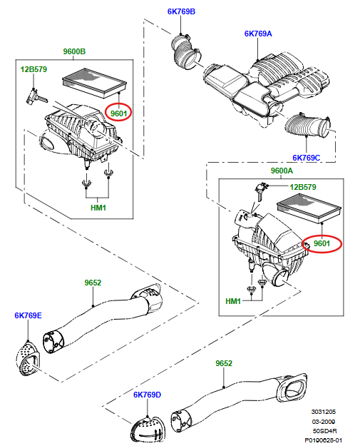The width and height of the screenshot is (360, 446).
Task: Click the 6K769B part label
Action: click(181, 11)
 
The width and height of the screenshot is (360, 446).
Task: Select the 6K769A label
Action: click(258, 34)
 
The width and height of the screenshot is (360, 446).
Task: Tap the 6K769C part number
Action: click(307, 158)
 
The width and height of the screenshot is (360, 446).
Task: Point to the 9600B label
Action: click(74, 51)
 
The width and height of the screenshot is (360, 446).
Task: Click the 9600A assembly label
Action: click(282, 171)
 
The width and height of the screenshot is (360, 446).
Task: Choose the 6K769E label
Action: click(28, 315)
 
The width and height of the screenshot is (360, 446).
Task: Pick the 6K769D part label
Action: click(147, 395)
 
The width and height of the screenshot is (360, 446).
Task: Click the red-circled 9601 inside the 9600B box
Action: click(118, 113)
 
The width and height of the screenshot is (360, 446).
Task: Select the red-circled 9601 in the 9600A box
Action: click(322, 243)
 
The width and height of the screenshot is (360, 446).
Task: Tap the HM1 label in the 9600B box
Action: click(98, 208)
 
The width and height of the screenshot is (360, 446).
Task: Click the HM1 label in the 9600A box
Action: click(233, 301)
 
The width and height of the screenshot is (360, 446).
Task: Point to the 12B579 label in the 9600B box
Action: click(34, 69)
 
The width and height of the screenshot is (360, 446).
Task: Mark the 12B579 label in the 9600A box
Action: click(303, 187)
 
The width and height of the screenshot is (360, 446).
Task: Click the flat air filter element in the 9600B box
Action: click(94, 83)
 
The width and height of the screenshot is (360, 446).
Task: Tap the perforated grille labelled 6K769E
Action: click(28, 358)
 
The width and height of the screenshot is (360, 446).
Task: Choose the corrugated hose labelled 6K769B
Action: click(186, 51)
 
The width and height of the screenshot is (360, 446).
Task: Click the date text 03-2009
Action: click(324, 422)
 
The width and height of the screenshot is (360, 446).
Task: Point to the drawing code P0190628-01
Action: click(324, 440)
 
